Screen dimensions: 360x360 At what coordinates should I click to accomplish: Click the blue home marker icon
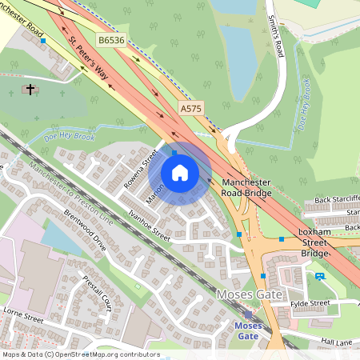pos(180,173)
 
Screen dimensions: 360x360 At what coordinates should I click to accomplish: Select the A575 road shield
pos(191,108)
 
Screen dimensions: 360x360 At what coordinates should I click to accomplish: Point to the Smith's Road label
pos(276,37)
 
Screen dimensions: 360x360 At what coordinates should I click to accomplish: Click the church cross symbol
pos(30,89)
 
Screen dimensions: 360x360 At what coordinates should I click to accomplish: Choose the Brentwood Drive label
pos(85,231)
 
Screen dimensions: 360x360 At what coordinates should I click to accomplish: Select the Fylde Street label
pos(310,303)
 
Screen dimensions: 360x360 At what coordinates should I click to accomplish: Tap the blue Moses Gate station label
pos(248,331)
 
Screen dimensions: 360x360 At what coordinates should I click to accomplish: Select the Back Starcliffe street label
pos(336,199)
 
